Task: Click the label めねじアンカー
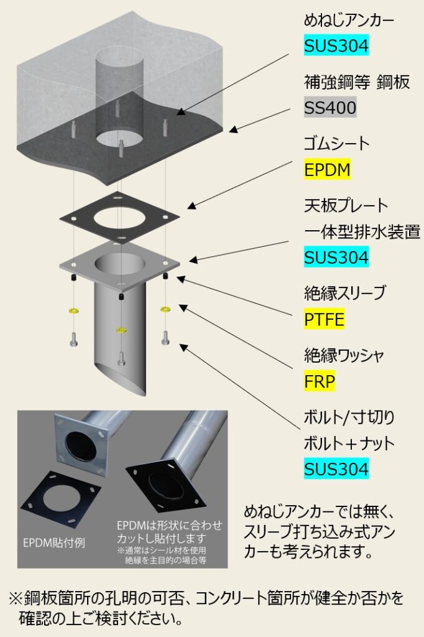349,21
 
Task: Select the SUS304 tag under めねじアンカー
336,45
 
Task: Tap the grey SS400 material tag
330,108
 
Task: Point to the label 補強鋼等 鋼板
357,82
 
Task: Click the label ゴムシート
336,144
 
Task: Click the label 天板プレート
346,205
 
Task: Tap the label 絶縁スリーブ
345,293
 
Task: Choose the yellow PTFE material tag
325,319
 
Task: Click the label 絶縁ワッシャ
345,356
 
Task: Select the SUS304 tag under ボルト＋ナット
336,468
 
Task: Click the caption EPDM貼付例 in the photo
52,542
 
